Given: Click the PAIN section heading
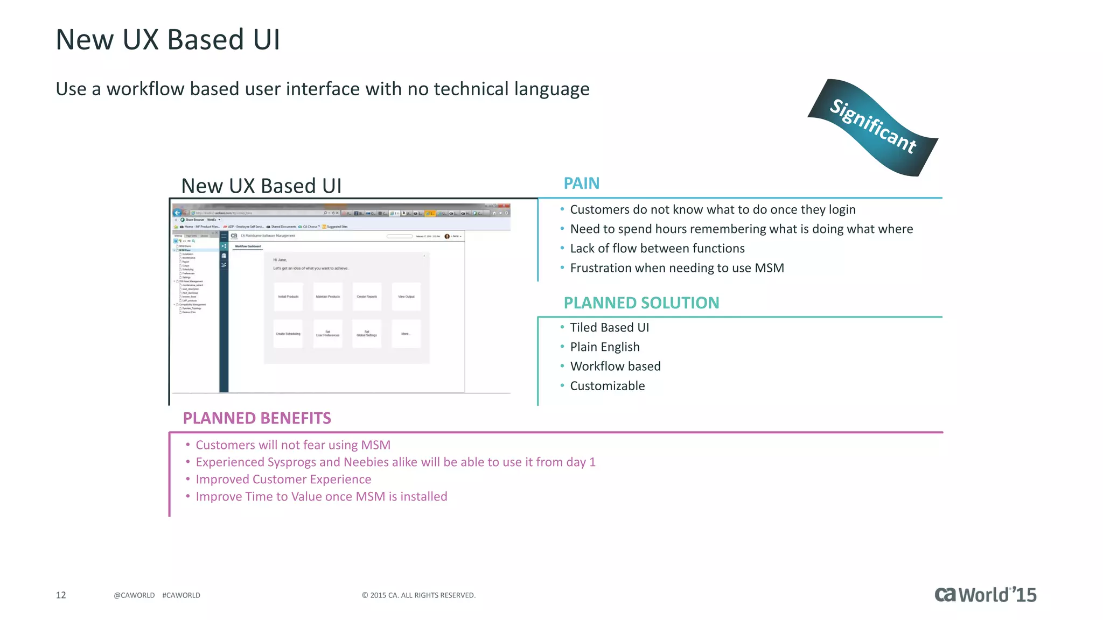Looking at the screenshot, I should [x=581, y=184].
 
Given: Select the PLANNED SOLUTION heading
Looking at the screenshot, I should [x=641, y=303].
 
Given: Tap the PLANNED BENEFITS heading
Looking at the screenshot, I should [x=257, y=418].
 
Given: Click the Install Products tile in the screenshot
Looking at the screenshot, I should [x=288, y=297].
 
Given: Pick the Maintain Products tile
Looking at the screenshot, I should [x=327, y=297].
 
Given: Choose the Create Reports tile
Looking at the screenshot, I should [x=367, y=297].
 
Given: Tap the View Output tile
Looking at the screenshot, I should [x=406, y=297].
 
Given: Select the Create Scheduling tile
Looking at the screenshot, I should [x=288, y=334].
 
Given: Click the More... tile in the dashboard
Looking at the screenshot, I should [x=406, y=334].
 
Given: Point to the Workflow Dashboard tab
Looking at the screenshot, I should [x=248, y=246].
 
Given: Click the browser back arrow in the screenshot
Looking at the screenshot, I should [x=177, y=213].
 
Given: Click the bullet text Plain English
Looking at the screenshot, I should [x=605, y=347].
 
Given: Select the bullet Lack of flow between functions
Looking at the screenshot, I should [x=657, y=249].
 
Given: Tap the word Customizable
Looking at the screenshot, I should [x=607, y=386].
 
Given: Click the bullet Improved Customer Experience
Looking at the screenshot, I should [x=283, y=480].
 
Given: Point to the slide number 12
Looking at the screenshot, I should [x=61, y=595].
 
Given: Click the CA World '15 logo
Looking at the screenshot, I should [x=985, y=595].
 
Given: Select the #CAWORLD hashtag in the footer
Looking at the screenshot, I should [x=181, y=595].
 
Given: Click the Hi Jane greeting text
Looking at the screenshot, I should [x=280, y=260].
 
